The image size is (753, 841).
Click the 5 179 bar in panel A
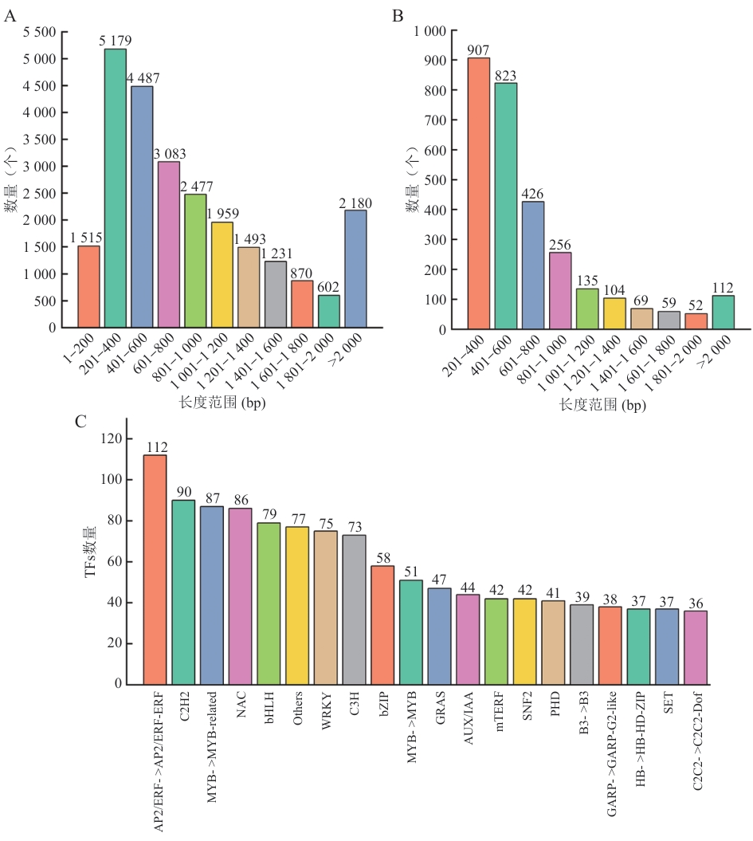coord(116,188)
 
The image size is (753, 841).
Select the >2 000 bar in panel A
coord(355,269)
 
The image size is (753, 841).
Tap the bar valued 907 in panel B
coord(479,193)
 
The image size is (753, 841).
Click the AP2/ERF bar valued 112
coord(155,569)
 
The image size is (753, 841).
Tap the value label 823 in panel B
coord(505,77)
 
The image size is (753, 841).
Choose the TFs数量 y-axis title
coord(90,562)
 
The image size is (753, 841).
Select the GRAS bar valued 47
coord(439,636)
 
